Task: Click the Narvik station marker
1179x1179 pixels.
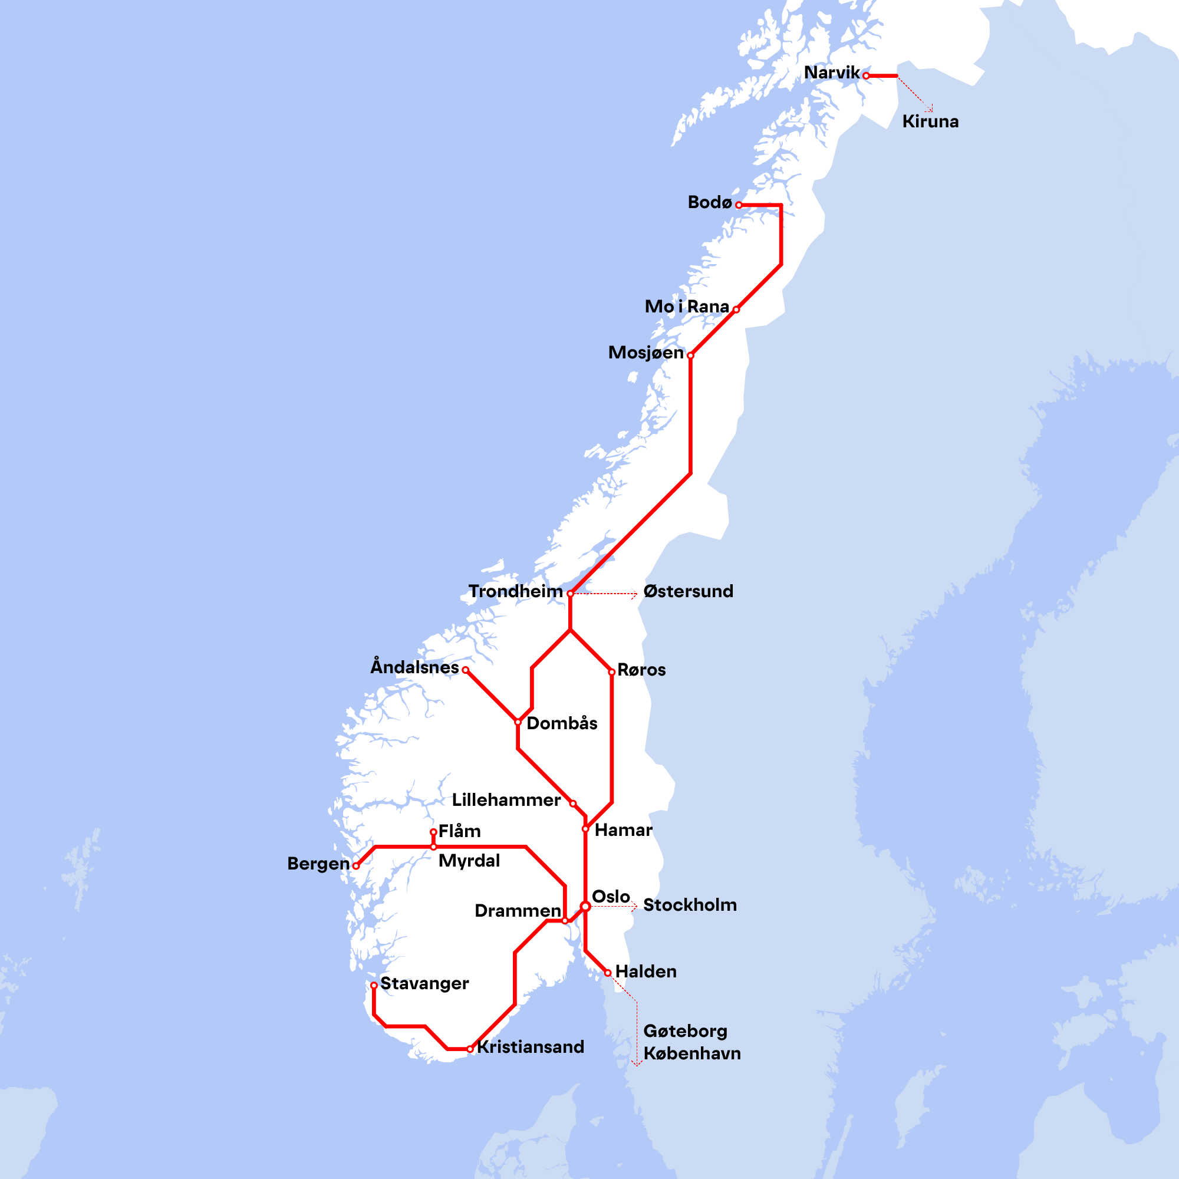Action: pyautogui.click(x=866, y=75)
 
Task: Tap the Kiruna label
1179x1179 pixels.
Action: pyautogui.click(x=930, y=121)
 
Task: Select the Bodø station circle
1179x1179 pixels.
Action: pyautogui.click(x=739, y=205)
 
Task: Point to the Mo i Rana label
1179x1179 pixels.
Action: pyautogui.click(x=687, y=307)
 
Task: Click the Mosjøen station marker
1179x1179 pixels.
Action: pyautogui.click(x=690, y=355)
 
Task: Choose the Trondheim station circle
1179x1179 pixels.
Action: pyautogui.click(x=570, y=593)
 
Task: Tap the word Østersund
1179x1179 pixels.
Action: pyautogui.click(x=688, y=591)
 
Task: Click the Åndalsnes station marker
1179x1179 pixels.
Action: pyautogui.click(x=465, y=670)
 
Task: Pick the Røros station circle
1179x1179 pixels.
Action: pyautogui.click(x=611, y=672)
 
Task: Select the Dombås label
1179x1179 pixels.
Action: pyautogui.click(x=561, y=723)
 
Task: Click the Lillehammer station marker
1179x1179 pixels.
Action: pyautogui.click(x=572, y=803)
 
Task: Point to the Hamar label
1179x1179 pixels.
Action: pyautogui.click(x=623, y=830)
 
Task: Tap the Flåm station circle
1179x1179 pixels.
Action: pyautogui.click(x=433, y=832)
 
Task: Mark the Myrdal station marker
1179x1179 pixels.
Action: pyautogui.click(x=433, y=847)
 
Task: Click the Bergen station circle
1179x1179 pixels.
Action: pyautogui.click(x=356, y=866)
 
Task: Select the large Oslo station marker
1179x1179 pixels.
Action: pyautogui.click(x=585, y=906)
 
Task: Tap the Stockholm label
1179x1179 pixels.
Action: pyautogui.click(x=690, y=905)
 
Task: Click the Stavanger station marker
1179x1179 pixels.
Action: pyautogui.click(x=374, y=986)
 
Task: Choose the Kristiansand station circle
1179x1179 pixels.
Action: pyautogui.click(x=469, y=1049)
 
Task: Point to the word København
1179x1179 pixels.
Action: pyautogui.click(x=691, y=1053)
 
